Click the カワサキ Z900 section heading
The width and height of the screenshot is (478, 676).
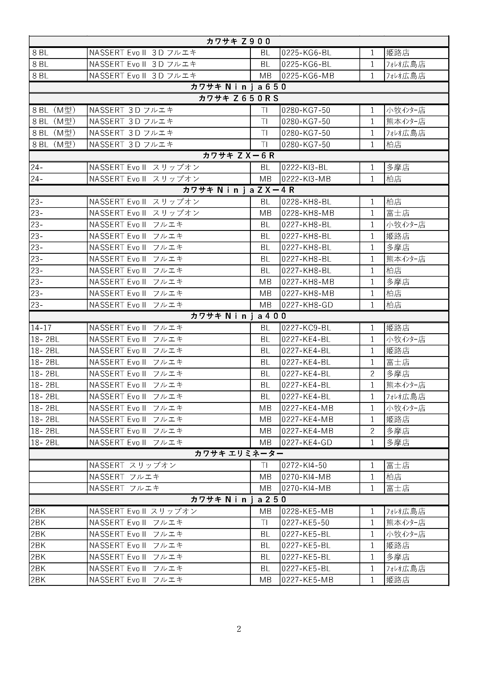point(238,41)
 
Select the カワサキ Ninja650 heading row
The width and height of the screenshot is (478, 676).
point(238,87)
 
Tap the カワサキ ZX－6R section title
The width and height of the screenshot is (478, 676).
point(238,155)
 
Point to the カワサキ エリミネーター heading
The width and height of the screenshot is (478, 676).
point(238,453)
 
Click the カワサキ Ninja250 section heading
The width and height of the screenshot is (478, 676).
point(238,499)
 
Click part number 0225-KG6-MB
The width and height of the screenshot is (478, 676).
point(307,76)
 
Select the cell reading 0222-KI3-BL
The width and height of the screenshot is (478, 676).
point(304,167)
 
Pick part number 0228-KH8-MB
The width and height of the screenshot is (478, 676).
point(307,213)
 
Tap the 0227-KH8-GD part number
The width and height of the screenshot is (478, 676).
point(307,305)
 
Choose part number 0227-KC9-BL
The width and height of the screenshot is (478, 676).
point(306,328)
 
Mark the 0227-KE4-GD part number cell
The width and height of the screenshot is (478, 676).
point(307,442)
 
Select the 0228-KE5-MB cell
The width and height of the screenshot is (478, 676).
point(307,511)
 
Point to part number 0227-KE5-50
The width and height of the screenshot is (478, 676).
point(305,523)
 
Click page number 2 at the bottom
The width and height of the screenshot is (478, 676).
point(239,629)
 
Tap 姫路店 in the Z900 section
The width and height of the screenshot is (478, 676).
point(398,53)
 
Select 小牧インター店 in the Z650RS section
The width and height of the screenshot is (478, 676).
point(405,110)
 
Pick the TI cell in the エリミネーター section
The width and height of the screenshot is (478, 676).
point(265,465)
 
